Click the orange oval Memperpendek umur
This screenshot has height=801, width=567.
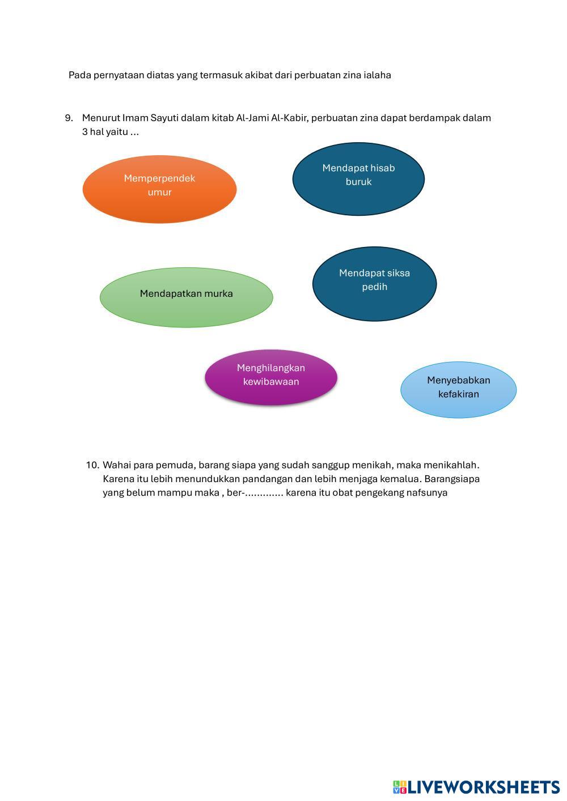pyautogui.click(x=159, y=189)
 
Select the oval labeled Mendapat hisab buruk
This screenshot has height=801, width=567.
pyautogui.click(x=358, y=178)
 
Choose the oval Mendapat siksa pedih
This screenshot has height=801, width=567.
pyautogui.click(x=374, y=283)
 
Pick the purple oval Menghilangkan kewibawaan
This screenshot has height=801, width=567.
pyautogui.click(x=271, y=377)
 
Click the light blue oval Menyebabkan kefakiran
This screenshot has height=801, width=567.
pyautogui.click(x=458, y=390)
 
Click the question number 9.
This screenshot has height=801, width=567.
pyautogui.click(x=69, y=118)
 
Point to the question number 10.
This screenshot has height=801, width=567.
pyautogui.click(x=92, y=465)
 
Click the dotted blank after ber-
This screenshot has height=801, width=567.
pyautogui.click(x=264, y=493)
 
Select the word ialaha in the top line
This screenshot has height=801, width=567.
pyautogui.click(x=377, y=75)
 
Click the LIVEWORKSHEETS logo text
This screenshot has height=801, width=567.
pyautogui.click(x=484, y=787)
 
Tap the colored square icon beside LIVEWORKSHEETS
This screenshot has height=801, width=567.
pyautogui.click(x=399, y=787)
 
